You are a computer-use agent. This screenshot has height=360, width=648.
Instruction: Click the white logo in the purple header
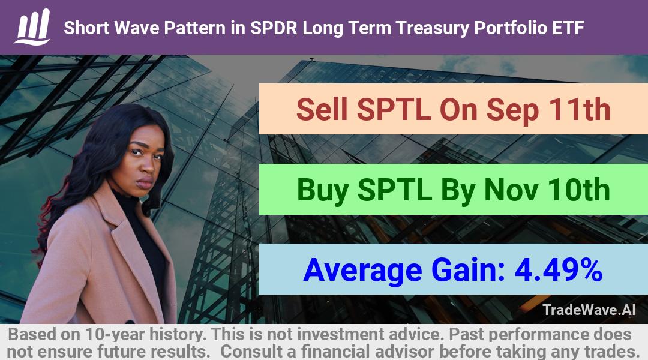pyautogui.click(x=32, y=27)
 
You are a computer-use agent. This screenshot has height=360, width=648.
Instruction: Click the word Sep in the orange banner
pyautogui.click(x=512, y=110)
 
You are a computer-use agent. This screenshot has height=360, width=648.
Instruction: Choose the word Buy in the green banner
pyautogui.click(x=322, y=191)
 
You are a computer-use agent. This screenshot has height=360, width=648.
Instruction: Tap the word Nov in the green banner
pyautogui.click(x=511, y=190)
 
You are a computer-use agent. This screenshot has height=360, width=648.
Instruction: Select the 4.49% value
pyautogui.click(x=559, y=270)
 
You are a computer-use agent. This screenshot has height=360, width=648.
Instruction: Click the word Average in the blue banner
pyautogui.click(x=362, y=271)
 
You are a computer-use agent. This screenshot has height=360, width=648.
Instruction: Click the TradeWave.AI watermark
pyautogui.click(x=589, y=310)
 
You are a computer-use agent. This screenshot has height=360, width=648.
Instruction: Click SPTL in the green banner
pyautogui.click(x=395, y=190)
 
